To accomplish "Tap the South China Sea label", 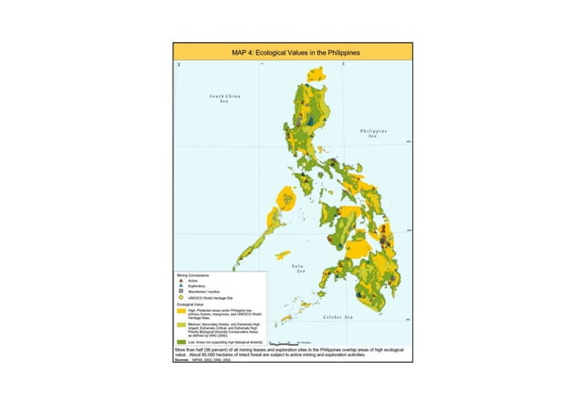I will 223,98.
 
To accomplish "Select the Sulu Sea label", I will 299,269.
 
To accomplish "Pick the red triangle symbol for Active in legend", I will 181,281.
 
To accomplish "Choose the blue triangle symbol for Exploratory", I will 181,286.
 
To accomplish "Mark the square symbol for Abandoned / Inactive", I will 181,292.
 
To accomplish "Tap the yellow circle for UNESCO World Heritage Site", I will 181,298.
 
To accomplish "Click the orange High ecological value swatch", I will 182,311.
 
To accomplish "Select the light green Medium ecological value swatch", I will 182,324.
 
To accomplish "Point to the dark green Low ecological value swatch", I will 182,340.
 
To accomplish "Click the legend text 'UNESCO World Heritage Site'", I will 211,298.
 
